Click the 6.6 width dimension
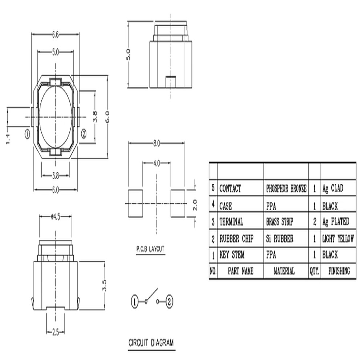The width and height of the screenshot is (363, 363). pos(55,35)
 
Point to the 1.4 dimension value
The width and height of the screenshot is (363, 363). pos(8,139)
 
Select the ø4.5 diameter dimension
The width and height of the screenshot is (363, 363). pos(56,217)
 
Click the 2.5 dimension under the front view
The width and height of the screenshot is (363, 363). pos(56,333)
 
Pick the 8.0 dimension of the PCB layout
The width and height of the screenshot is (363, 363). pos(156,144)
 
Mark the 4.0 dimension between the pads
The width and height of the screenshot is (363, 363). pos(156,163)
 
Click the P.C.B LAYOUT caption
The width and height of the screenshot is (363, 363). pos(150,249)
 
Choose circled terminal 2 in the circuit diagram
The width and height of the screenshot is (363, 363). pos(170,301)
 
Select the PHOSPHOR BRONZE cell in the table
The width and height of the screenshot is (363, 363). pos(286,189)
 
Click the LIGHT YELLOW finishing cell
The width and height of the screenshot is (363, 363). pos(338,239)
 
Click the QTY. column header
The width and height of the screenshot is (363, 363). pos(314,271)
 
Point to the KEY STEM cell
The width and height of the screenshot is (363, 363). pos(232,255)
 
